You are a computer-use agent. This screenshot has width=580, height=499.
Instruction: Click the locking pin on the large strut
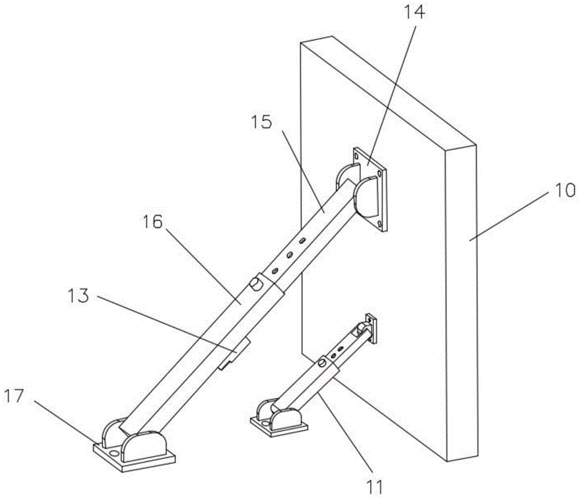click(x=255, y=284)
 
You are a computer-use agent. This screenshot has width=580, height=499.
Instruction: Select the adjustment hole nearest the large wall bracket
click(x=302, y=240)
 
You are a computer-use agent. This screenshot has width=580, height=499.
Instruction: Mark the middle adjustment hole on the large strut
click(x=288, y=255)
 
